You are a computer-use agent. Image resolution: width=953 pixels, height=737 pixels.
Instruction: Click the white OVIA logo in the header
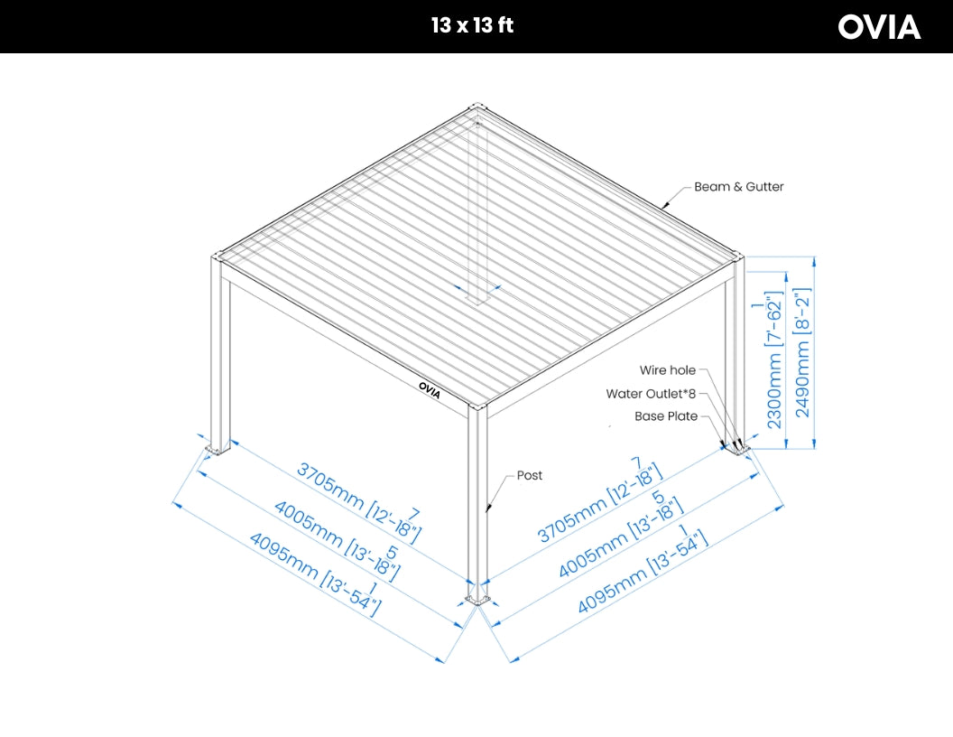tap(879, 27)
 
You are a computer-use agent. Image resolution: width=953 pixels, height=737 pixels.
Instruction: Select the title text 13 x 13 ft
tap(472, 25)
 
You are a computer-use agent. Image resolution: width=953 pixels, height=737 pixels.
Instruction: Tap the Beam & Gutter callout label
tap(738, 187)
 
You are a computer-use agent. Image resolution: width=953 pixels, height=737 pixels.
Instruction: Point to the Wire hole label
tap(668, 370)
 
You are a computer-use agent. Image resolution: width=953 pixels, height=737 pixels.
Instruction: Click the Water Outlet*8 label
tap(651, 394)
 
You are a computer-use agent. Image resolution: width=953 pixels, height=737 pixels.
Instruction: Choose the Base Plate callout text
tap(666, 416)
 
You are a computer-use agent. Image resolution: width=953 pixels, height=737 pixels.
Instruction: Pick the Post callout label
tap(530, 475)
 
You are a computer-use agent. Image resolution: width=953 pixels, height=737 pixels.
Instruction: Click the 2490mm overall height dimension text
tap(802, 352)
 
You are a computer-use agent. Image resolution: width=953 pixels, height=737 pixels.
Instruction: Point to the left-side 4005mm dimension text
tap(337, 539)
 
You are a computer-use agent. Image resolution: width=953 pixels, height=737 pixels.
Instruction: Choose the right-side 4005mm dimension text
tap(621, 537)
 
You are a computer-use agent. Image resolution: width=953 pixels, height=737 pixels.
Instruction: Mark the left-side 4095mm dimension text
tap(314, 575)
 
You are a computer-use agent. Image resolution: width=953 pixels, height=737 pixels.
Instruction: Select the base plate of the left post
tap(217, 448)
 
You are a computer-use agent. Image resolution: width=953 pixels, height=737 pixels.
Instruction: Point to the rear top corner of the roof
tap(477, 108)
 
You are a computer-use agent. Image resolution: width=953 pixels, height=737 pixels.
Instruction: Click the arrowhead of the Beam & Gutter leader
tap(665, 206)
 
